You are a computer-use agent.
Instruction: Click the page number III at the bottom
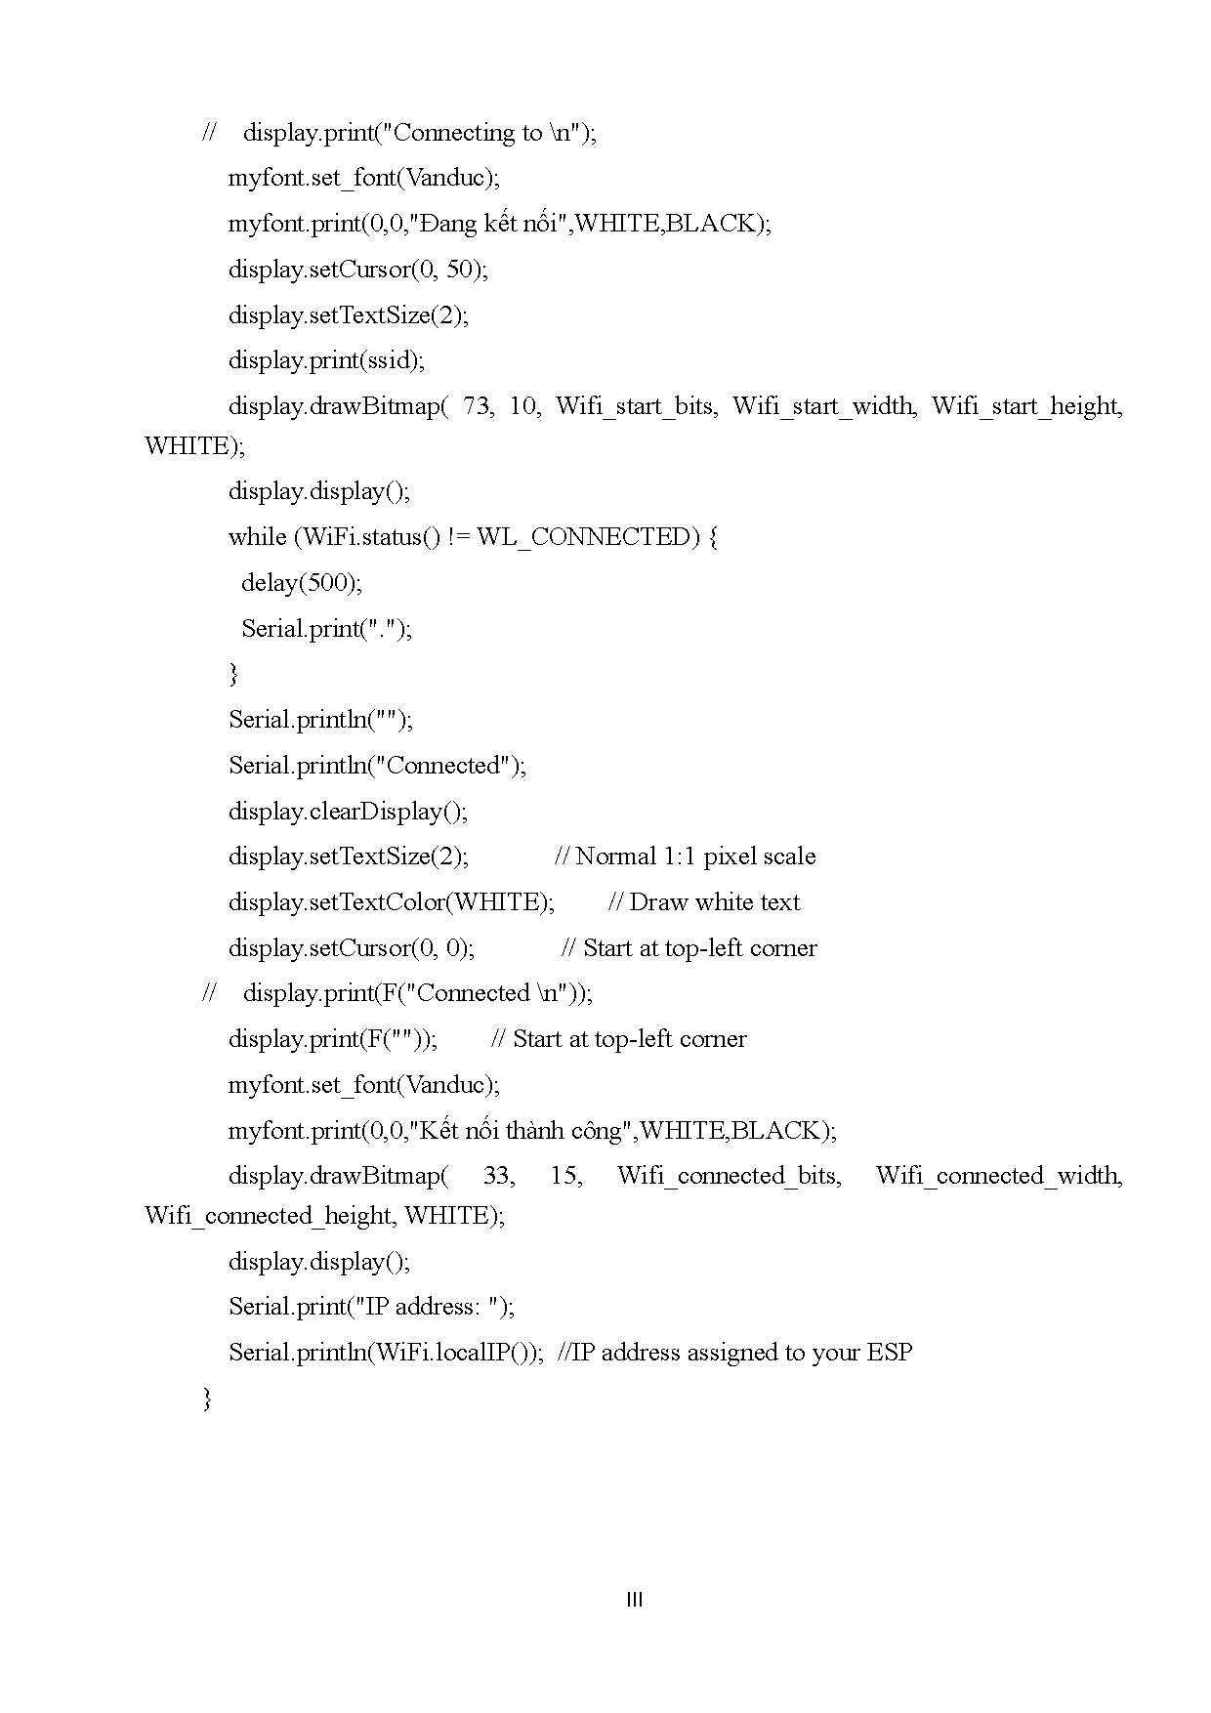[x=634, y=1600]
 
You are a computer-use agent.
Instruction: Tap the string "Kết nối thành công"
[x=522, y=1131]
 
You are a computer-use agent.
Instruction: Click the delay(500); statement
[x=302, y=583]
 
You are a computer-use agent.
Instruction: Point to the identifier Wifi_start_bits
[x=635, y=406]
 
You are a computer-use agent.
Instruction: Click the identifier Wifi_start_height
[x=1026, y=406]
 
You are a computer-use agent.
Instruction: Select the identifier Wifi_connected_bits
[x=729, y=1176]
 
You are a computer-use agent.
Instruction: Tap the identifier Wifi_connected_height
[x=269, y=1216]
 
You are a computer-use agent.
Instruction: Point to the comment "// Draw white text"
[x=703, y=902]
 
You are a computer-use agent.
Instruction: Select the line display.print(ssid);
[x=326, y=360]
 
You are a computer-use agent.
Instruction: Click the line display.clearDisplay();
[x=348, y=812]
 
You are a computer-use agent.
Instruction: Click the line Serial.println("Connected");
[x=377, y=766]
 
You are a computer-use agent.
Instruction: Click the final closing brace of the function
[x=207, y=1399]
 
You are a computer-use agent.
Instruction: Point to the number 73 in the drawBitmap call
[x=477, y=406]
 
